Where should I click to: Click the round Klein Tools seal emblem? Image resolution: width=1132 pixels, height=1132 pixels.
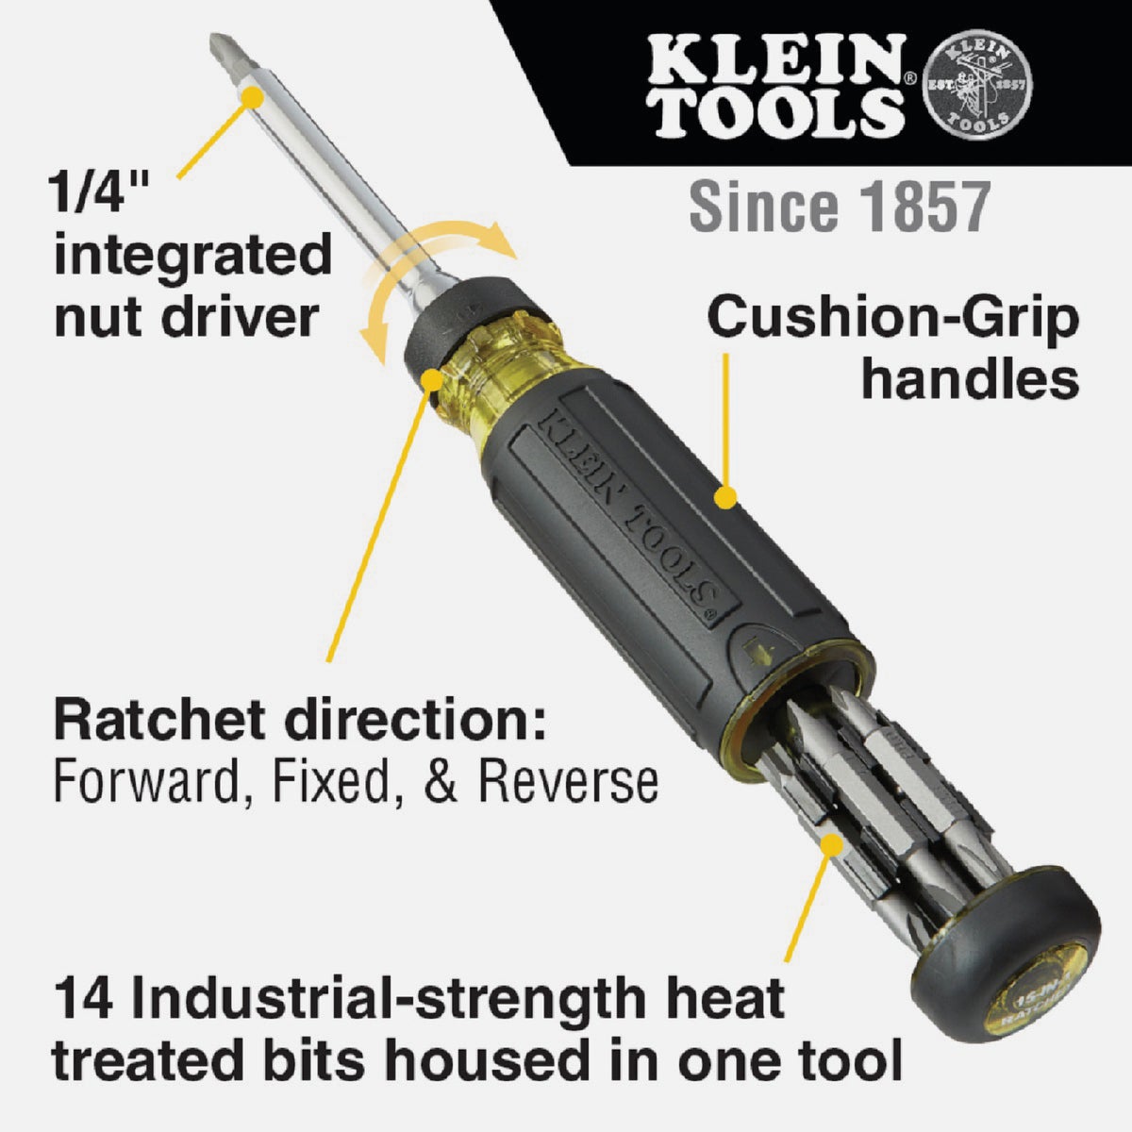[977, 84]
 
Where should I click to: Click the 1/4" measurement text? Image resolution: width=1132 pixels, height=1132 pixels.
[97, 195]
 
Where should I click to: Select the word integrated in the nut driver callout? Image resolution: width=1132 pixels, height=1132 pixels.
[192, 256]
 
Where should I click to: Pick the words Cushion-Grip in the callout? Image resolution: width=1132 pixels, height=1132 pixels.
[891, 318]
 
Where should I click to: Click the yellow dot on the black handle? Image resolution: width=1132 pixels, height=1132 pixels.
[724, 496]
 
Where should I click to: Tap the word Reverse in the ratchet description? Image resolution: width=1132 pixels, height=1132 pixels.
[567, 781]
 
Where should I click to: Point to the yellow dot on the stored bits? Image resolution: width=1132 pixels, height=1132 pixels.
[830, 843]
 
